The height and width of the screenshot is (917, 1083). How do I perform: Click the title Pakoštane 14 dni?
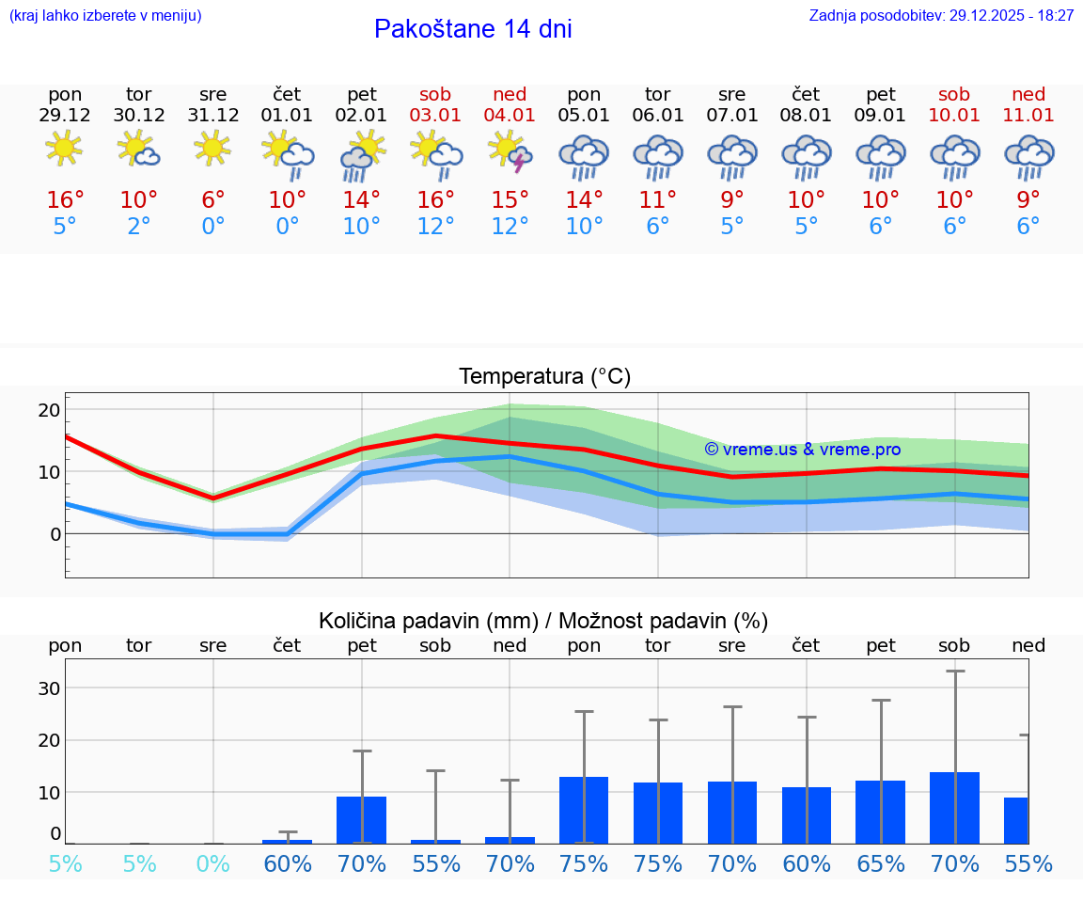pyautogui.click(x=473, y=29)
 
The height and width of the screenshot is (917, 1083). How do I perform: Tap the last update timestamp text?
pyautogui.click(x=941, y=15)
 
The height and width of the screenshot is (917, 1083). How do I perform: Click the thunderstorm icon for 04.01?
pyautogui.click(x=510, y=152)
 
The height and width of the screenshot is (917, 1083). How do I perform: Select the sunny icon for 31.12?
pyautogui.click(x=213, y=148)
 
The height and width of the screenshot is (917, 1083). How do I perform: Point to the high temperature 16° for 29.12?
pyautogui.click(x=65, y=199)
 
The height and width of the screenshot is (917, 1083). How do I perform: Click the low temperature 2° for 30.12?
pyautogui.click(x=139, y=227)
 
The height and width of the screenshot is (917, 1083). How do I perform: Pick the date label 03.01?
pyautogui.click(x=435, y=115)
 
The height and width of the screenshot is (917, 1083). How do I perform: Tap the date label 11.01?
pyautogui.click(x=1028, y=115)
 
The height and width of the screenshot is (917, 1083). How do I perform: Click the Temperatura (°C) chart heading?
pyautogui.click(x=544, y=377)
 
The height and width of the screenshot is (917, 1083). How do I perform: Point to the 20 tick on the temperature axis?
pyautogui.click(x=49, y=410)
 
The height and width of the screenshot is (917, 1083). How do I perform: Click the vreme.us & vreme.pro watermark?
pyautogui.click(x=803, y=450)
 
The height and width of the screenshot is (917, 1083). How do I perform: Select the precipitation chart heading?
pyautogui.click(x=543, y=621)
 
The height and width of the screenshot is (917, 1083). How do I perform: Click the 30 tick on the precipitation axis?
pyautogui.click(x=49, y=688)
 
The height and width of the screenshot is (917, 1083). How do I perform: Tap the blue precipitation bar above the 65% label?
pyautogui.click(x=881, y=812)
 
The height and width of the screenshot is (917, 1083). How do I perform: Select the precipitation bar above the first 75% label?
pyautogui.click(x=584, y=810)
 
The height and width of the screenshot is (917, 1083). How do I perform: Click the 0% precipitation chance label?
pyautogui.click(x=213, y=863)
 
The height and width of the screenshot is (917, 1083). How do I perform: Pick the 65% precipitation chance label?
pyautogui.click(x=881, y=863)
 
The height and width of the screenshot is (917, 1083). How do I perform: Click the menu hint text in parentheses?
pyautogui.click(x=105, y=15)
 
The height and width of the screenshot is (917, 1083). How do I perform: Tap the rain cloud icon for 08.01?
pyautogui.click(x=807, y=156)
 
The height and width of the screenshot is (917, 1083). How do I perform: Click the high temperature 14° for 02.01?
pyautogui.click(x=362, y=199)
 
